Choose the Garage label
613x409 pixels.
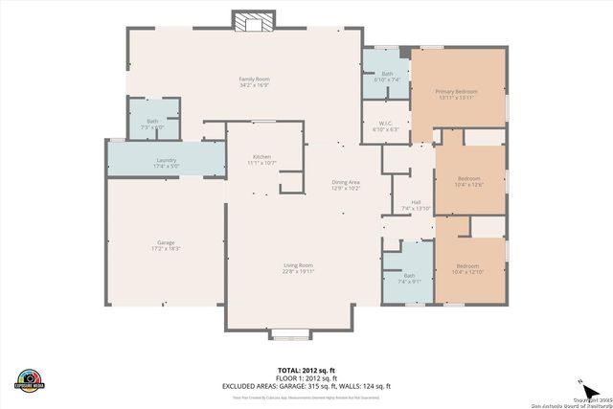[x=166, y=242]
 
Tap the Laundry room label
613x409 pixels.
[x=166, y=160]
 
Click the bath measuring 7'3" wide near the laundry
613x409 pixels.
[x=152, y=122]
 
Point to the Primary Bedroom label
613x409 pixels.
[x=457, y=92]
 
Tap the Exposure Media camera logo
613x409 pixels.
[x=30, y=379]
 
